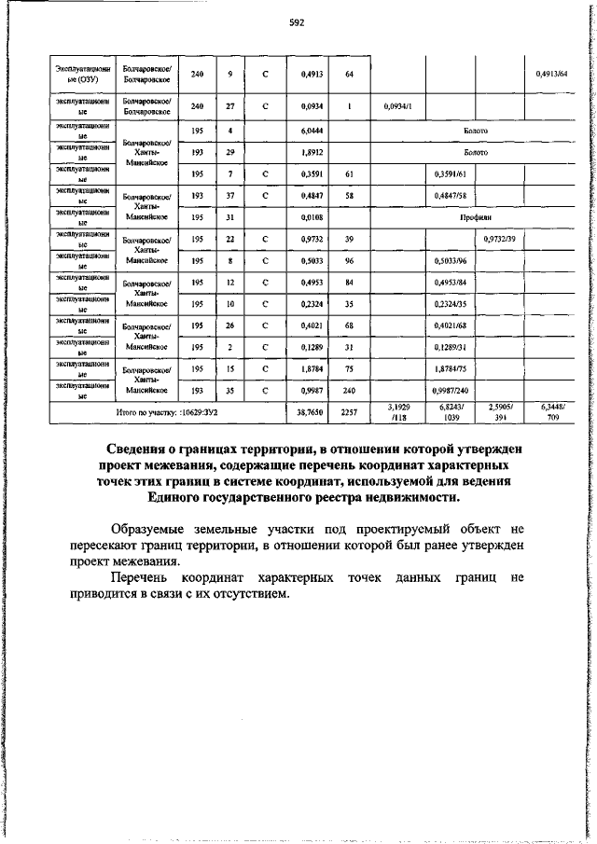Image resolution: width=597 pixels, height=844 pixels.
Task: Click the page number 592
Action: click(298, 22)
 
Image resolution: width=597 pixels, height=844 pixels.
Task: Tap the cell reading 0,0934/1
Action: click(398, 106)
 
